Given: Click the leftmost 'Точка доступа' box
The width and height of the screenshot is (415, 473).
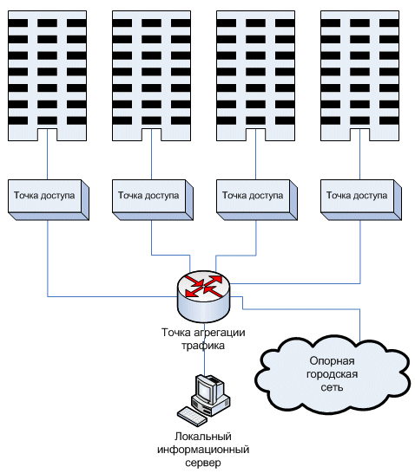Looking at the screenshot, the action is [49, 200].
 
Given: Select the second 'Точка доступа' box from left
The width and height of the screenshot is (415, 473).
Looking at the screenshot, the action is [153, 200].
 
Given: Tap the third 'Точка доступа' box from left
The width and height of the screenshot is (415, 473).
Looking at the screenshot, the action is [257, 200].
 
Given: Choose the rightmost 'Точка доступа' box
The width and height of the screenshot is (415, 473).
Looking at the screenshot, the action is [361, 200].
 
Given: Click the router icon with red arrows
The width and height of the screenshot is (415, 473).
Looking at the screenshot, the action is [203, 296].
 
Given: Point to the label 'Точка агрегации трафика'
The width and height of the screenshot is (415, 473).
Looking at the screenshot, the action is [203, 339].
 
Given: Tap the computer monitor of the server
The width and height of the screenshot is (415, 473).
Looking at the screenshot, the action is [207, 389].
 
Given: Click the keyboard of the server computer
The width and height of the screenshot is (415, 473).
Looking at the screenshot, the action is [192, 417].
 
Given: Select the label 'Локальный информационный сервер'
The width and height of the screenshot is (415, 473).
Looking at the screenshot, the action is [203, 450].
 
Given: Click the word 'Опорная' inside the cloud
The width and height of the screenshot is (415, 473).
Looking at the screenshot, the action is [332, 360].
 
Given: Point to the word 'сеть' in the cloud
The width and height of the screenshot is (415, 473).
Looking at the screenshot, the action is [332, 387].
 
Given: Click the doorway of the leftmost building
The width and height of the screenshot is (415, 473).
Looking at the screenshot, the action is [47, 134].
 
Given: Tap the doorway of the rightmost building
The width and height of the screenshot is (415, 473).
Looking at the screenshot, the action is [359, 134].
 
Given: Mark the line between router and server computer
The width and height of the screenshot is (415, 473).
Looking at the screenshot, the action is [205, 349].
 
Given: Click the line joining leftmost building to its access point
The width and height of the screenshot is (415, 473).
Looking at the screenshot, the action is [47, 154].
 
